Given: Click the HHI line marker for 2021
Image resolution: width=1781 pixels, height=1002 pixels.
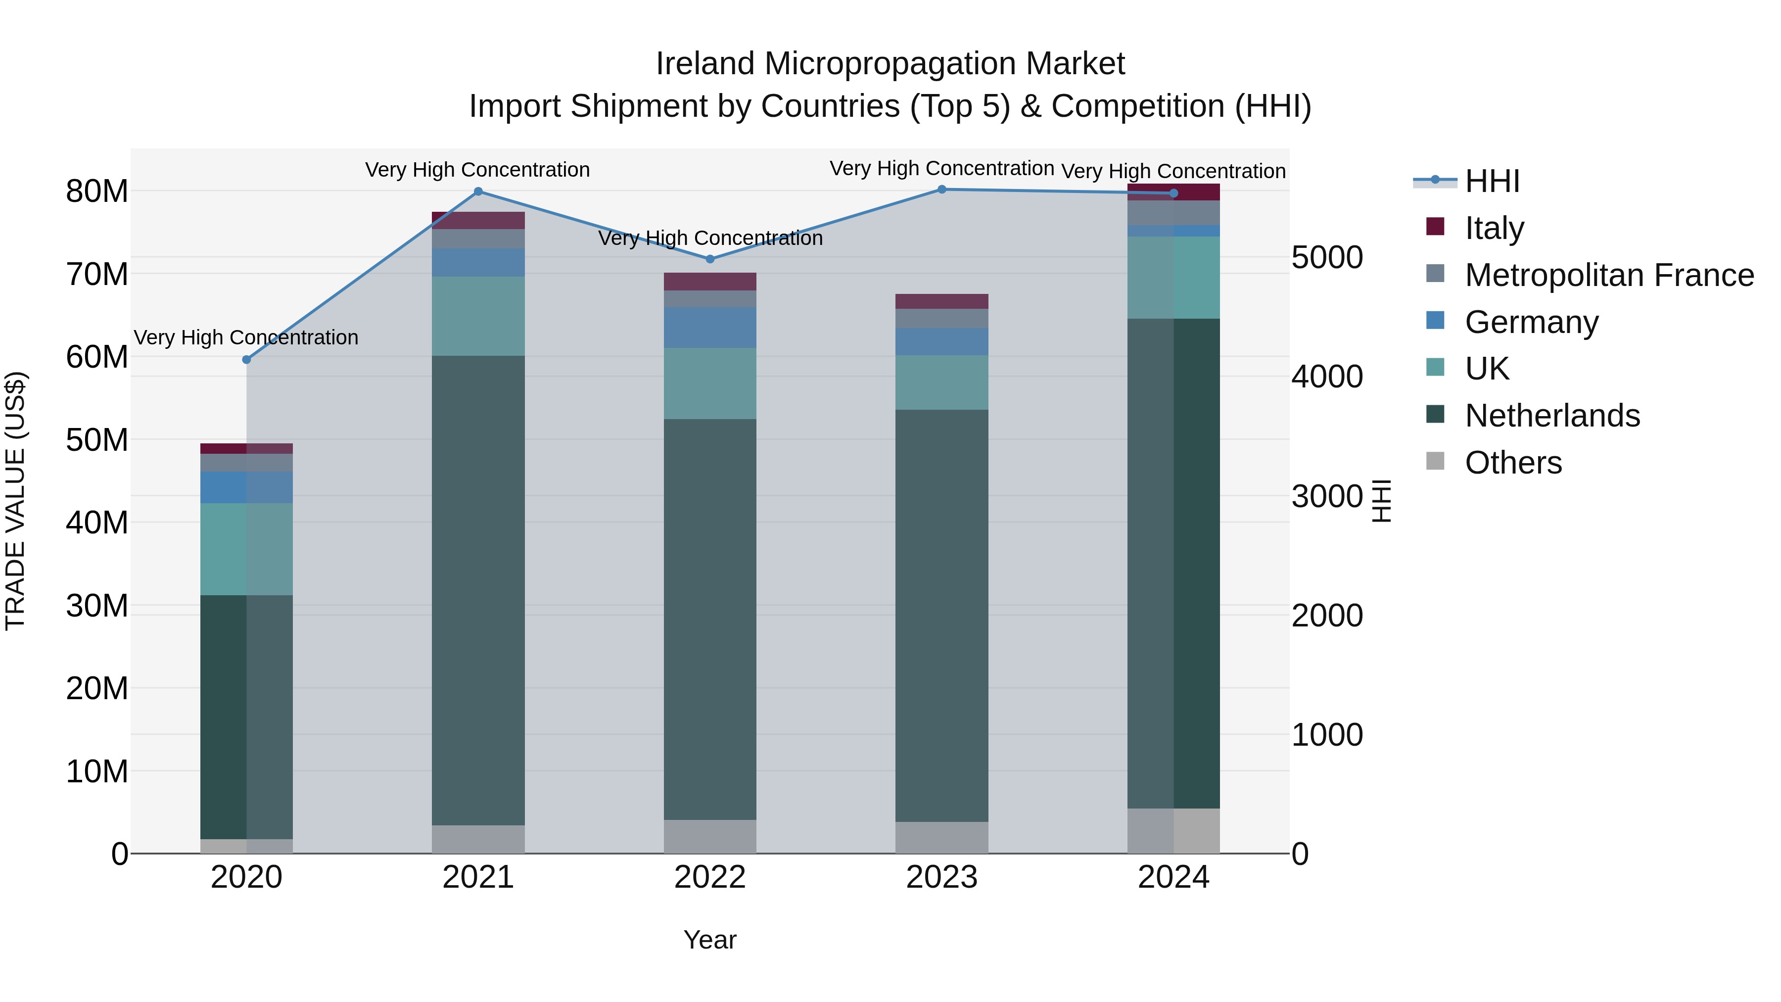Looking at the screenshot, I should tap(478, 191).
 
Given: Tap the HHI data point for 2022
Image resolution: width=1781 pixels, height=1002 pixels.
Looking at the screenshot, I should tap(709, 259).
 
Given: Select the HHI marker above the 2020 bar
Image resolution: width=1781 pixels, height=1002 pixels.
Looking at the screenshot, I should tap(246, 360).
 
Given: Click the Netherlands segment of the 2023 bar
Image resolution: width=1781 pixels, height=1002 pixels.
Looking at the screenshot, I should tap(941, 616).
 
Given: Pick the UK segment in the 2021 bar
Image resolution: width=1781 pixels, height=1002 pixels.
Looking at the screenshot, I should tap(478, 316).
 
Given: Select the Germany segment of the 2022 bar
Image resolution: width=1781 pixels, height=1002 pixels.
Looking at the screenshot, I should tap(709, 328).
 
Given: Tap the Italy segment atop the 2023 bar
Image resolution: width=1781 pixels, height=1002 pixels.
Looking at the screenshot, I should tap(941, 301).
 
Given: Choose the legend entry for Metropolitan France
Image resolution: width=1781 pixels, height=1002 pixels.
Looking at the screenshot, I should tap(1609, 275).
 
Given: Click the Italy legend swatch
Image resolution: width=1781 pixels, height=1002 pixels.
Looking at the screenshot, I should tap(1435, 227).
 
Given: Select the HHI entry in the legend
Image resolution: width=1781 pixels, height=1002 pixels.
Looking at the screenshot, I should tap(1492, 181).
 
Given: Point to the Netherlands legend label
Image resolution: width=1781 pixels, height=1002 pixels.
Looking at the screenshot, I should tap(1552, 416).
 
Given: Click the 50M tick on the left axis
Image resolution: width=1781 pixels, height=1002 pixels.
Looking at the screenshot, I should tap(97, 440).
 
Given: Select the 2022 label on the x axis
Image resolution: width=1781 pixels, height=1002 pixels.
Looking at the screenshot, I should tap(709, 877).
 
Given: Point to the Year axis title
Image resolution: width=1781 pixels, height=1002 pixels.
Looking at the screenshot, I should tap(709, 940).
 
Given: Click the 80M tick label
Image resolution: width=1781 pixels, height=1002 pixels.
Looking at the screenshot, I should tap(97, 191).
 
